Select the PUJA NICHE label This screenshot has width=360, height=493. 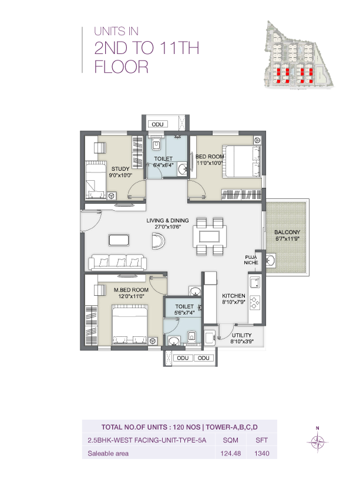tap(251, 260)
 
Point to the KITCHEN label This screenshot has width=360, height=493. tap(233, 296)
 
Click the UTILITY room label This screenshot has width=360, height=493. tap(241, 336)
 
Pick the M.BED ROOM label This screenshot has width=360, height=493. tap(131, 290)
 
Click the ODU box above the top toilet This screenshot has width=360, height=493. tap(157, 124)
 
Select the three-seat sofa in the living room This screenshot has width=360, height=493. tap(117, 261)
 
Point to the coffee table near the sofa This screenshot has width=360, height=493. tap(118, 240)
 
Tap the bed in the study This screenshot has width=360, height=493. tap(96, 180)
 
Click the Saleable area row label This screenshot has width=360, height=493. tap(107, 453)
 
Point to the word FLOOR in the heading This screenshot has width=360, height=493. tap(121, 67)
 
